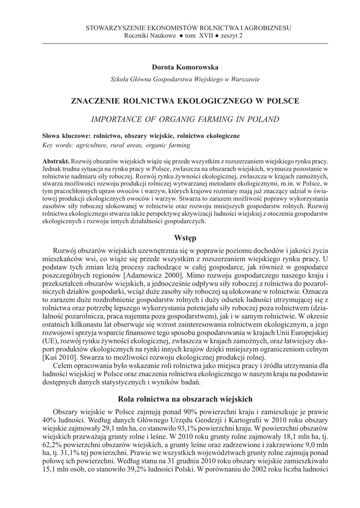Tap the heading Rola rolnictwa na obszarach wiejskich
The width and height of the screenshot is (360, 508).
[186, 398]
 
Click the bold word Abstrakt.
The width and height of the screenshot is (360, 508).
[56, 162]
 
